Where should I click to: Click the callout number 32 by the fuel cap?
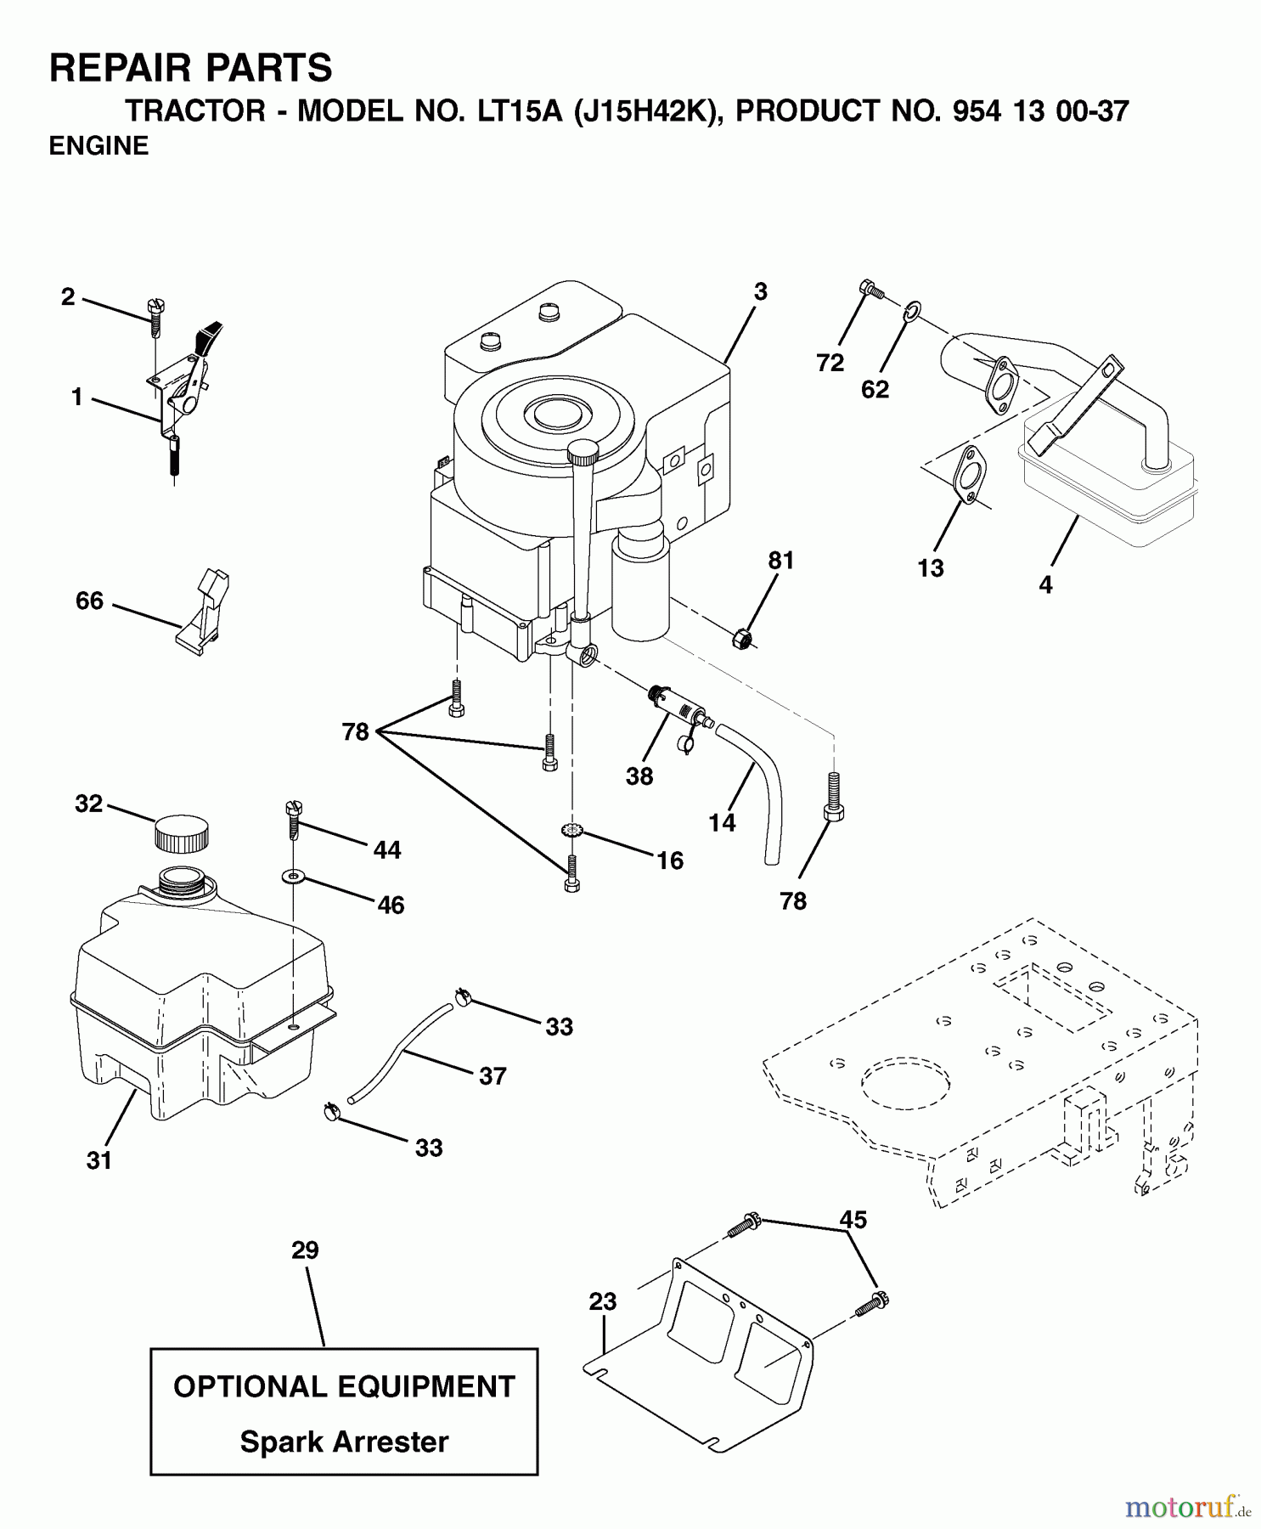tap(88, 804)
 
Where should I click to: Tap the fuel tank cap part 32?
tap(181, 834)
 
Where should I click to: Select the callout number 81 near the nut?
tap(780, 561)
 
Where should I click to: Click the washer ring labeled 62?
tap(909, 313)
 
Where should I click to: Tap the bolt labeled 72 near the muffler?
tap(870, 289)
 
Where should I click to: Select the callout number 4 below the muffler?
tap(1045, 584)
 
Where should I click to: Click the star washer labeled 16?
tap(571, 829)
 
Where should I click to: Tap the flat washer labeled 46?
tap(294, 874)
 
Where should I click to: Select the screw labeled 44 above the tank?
tap(295, 819)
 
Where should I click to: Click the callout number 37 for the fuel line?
tap(493, 1076)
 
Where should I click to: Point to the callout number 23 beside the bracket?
tap(602, 1301)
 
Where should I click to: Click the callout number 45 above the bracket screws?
tap(853, 1220)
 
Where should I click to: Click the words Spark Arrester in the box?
tap(344, 1442)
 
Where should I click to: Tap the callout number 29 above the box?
tap(305, 1250)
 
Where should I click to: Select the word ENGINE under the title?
tap(99, 146)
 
